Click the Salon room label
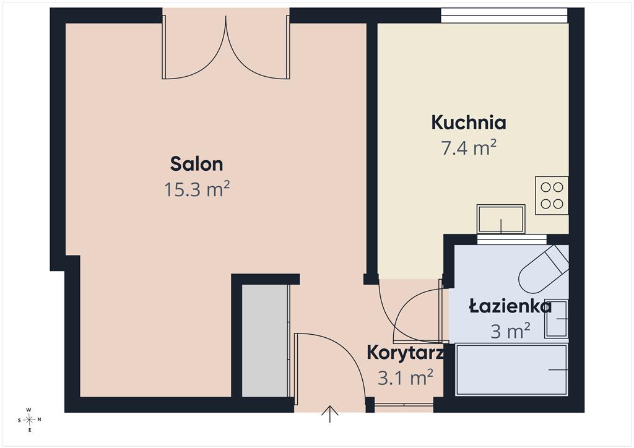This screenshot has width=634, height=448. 196,164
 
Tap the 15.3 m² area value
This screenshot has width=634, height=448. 196,189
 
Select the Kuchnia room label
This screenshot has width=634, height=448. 469,123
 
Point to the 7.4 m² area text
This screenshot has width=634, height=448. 469,147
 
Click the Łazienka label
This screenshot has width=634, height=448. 510,306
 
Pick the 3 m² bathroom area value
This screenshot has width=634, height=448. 510,331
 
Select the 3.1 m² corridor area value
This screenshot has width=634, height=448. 406,378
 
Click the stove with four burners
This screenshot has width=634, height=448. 552,196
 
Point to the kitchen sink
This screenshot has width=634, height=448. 501,219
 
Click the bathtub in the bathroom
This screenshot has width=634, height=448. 511,369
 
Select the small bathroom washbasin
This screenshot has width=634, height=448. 557,319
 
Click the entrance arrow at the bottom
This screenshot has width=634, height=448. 330,414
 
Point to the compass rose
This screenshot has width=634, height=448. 30,420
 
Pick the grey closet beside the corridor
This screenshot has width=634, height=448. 265,340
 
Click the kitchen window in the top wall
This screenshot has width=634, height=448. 504,15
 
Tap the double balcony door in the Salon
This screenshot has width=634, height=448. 226,47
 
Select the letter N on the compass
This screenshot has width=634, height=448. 39,420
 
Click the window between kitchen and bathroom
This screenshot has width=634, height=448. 512,239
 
